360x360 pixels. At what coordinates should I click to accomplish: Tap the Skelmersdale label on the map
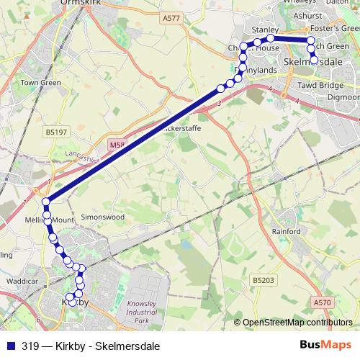pyautogui.click(x=314, y=63)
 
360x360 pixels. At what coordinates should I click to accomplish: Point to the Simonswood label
pyautogui.click(x=103, y=217)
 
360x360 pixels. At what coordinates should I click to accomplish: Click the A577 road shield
pyautogui.click(x=171, y=17)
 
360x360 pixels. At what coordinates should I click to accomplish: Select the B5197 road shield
pyautogui.click(x=54, y=132)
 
